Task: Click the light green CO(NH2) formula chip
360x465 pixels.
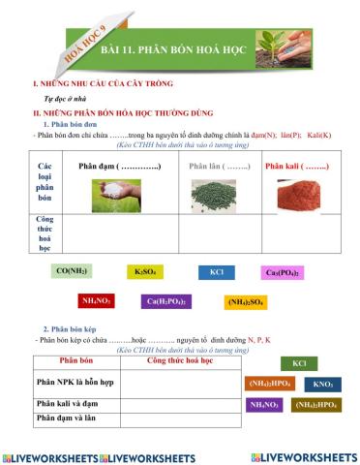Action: [x=74, y=272]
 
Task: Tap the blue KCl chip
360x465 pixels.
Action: [x=216, y=272]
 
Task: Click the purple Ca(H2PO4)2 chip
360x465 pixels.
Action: [x=166, y=301]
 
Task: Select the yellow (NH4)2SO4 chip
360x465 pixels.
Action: [x=246, y=302]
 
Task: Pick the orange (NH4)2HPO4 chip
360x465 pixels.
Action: [x=271, y=384]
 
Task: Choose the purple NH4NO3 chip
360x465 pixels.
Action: [x=264, y=404]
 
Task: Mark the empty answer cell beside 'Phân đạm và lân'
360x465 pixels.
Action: [x=179, y=418]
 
